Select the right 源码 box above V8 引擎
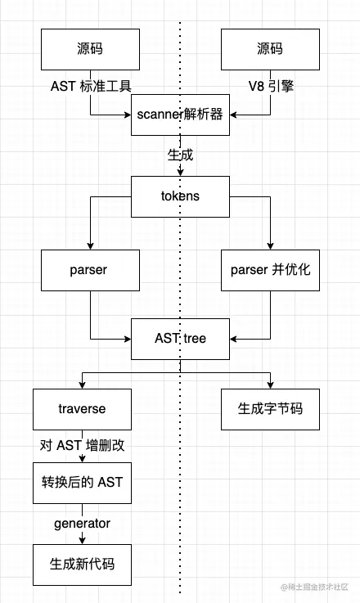click(270, 49)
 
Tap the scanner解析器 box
click(180, 114)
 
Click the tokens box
click(180, 196)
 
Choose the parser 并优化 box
click(270, 270)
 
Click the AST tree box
click(180, 338)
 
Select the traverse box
click(82, 407)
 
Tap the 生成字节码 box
click(270, 407)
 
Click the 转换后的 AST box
click(82, 482)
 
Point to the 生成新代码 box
click(82, 564)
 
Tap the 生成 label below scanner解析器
click(180, 154)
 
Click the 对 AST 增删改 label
click(82, 445)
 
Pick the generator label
click(82, 523)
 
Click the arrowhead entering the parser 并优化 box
click(270, 245)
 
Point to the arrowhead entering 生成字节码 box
click(270, 383)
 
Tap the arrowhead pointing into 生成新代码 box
click(82, 540)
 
